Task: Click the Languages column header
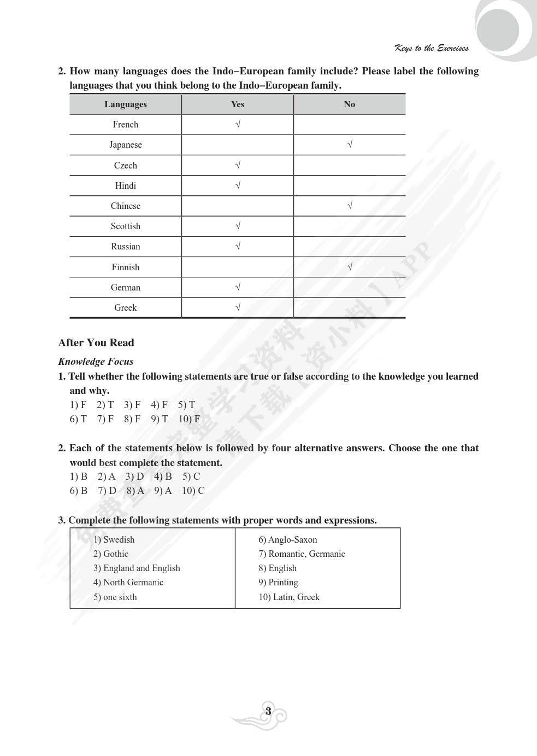[x=126, y=104]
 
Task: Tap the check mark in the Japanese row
[x=350, y=144]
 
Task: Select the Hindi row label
[x=126, y=185]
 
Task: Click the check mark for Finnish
[x=350, y=267]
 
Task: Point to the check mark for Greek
[x=238, y=307]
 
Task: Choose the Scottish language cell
[x=126, y=226]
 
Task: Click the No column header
[x=350, y=104]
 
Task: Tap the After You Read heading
[x=96, y=342]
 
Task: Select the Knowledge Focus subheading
[x=96, y=362]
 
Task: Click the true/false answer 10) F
[x=189, y=419]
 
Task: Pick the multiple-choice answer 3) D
[x=134, y=476]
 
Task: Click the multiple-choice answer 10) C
[x=193, y=491]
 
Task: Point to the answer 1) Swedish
[x=114, y=539]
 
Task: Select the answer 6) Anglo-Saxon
[x=288, y=539]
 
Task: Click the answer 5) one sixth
[x=115, y=597]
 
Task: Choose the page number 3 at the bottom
[x=268, y=712]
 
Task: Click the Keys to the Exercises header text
[x=432, y=48]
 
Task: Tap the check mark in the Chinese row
[x=350, y=206]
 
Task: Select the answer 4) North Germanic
[x=128, y=582]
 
